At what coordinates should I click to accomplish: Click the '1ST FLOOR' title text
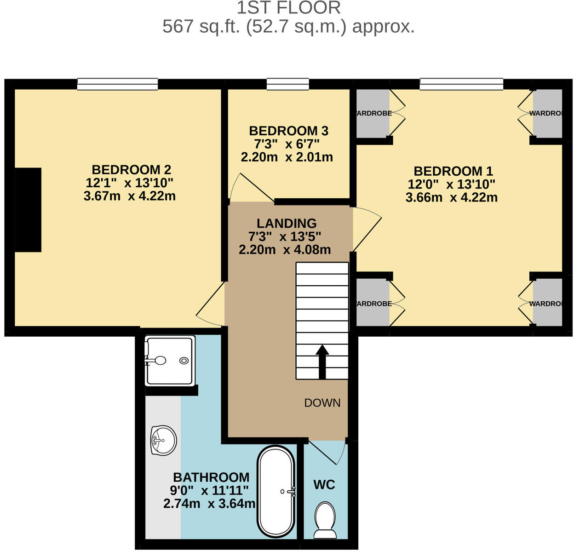[288, 8]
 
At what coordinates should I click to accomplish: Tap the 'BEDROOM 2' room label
[132, 169]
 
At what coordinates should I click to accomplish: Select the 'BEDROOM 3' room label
[288, 131]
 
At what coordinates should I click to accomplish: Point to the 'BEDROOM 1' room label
[453, 171]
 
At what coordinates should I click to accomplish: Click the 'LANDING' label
[287, 224]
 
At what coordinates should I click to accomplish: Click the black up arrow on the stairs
[322, 362]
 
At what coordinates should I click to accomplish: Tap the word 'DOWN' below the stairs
[322, 403]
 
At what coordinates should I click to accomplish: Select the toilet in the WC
[325, 520]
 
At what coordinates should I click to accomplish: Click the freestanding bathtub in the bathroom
[276, 491]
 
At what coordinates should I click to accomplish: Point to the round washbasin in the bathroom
[163, 440]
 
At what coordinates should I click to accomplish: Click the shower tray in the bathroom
[169, 361]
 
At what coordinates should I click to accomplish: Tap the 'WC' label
[324, 484]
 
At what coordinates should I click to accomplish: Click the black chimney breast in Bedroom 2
[28, 210]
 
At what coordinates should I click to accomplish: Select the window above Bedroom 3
[288, 84]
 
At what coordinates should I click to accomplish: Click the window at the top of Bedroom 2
[118, 84]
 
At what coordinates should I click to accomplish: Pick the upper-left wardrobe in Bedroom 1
[373, 113]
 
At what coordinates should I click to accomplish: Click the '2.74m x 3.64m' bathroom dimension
[209, 504]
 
